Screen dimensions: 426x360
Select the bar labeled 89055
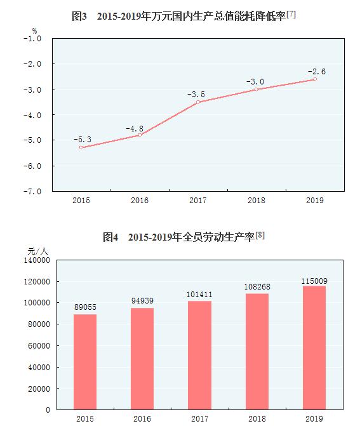click(x=85, y=361)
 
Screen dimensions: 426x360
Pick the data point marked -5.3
click(x=81, y=147)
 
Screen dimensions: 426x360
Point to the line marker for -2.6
click(x=315, y=79)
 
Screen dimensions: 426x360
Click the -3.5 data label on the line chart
click(x=196, y=95)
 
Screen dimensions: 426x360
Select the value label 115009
click(x=314, y=281)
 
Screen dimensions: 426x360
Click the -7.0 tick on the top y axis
click(x=32, y=191)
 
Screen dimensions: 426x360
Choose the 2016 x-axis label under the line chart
click(x=140, y=201)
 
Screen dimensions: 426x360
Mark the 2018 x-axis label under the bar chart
click(x=257, y=419)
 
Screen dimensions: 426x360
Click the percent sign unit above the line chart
click(x=34, y=29)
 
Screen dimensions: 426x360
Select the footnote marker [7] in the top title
click(x=291, y=13)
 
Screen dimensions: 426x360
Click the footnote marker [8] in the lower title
click(x=260, y=236)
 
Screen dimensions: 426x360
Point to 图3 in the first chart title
click(x=79, y=15)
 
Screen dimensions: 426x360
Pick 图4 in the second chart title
click(x=110, y=237)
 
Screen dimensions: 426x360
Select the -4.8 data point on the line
click(x=140, y=135)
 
